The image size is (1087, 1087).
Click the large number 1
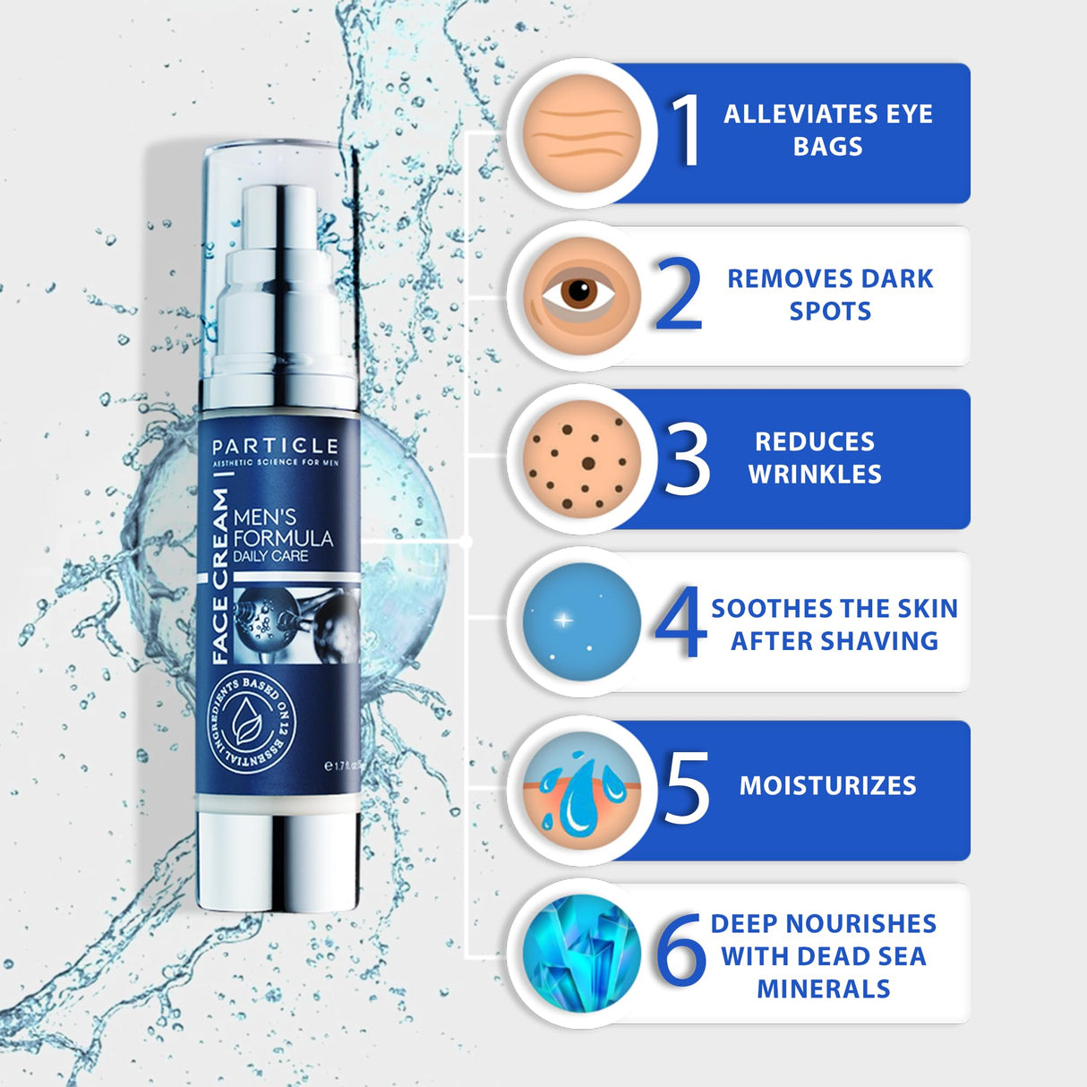[687, 131]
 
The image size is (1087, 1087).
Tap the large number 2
[678, 295]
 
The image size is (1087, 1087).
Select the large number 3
[687, 459]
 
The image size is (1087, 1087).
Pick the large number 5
[687, 787]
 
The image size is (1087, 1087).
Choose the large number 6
[680, 951]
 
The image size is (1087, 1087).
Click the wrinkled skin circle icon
[583, 133]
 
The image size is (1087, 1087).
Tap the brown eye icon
[583, 295]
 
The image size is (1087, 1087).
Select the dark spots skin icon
[583, 459]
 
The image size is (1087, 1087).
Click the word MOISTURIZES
[827, 786]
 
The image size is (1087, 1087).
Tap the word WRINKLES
[815, 475]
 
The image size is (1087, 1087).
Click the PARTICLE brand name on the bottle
[275, 446]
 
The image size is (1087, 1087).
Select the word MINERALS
[823, 989]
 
